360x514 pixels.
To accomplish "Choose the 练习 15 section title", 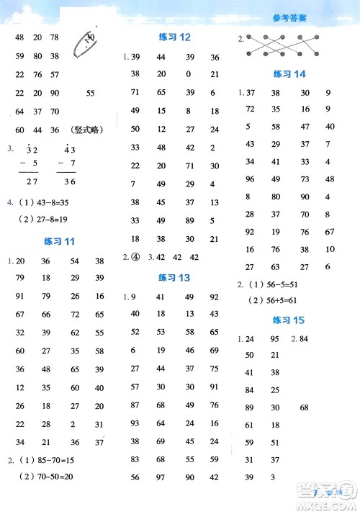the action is tap(290, 319).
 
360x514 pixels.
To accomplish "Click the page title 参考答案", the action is tap(290, 19).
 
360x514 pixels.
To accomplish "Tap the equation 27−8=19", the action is tap(49, 221).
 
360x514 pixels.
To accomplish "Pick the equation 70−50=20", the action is tap(51, 477).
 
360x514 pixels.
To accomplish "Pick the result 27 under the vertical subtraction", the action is tap(32, 184).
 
